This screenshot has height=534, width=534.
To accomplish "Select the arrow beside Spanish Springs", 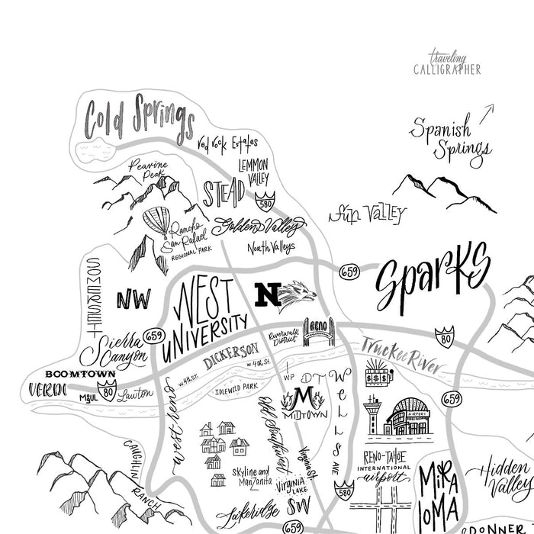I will [x=486, y=112].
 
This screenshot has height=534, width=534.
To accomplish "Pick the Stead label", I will [x=224, y=192].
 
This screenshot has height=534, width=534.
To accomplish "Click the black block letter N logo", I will [x=268, y=294].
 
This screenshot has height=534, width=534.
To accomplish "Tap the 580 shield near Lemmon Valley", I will [x=265, y=201].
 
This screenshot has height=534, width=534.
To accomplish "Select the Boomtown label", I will [x=80, y=374].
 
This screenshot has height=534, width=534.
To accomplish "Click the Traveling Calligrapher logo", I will [x=455, y=63].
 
